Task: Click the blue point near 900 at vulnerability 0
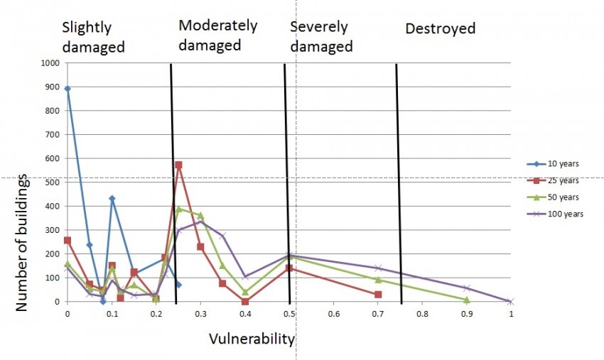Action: (68, 89)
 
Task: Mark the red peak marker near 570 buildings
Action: (178, 165)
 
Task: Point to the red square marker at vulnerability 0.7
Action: (378, 294)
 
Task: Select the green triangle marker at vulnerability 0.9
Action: (467, 300)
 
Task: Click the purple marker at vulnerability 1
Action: (511, 302)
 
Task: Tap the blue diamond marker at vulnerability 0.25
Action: (178, 285)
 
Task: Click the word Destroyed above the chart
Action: (440, 29)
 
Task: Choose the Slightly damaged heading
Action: (93, 38)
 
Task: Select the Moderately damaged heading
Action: (217, 35)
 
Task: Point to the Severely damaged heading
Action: (321, 37)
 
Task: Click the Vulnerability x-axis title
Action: (252, 339)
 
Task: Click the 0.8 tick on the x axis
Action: (422, 313)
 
